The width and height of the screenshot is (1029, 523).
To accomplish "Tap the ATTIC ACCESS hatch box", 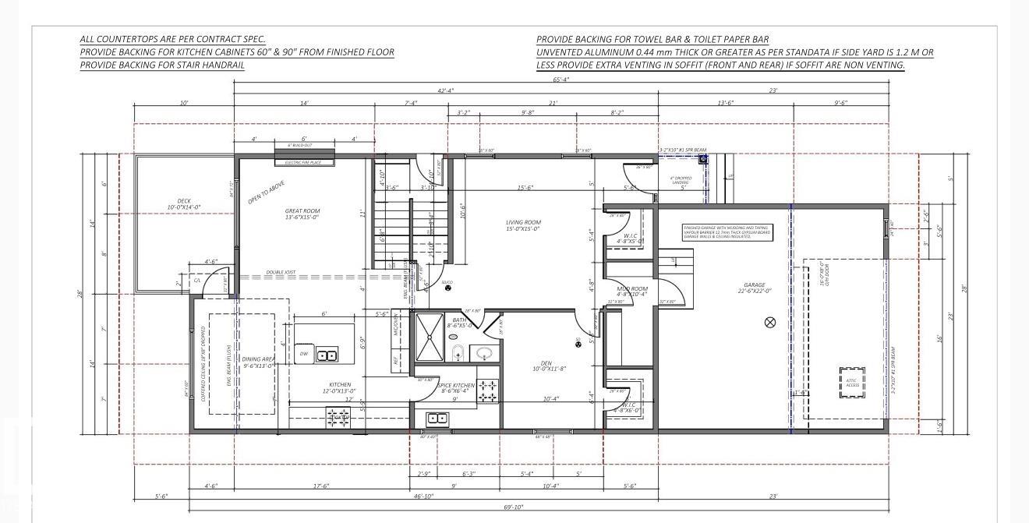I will point(851,382).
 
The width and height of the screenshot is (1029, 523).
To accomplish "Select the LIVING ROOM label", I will point(523,225).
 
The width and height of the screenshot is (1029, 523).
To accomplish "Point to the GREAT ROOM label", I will point(302,214).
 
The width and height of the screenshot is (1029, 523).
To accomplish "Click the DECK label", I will point(184,204).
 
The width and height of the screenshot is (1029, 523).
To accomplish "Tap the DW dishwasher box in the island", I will point(304,354).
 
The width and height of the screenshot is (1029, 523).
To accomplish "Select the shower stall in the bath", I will point(429,337).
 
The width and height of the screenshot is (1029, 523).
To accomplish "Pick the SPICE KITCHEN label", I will point(456,388).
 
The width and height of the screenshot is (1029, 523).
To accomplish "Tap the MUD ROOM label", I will point(631,292).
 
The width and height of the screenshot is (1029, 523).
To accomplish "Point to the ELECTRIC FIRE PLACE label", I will point(303,163).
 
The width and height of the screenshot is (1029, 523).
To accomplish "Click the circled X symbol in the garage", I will point(770,322).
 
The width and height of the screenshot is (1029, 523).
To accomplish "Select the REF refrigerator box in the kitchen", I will point(396,360).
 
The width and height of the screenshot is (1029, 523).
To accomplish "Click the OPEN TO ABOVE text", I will point(266,193).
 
